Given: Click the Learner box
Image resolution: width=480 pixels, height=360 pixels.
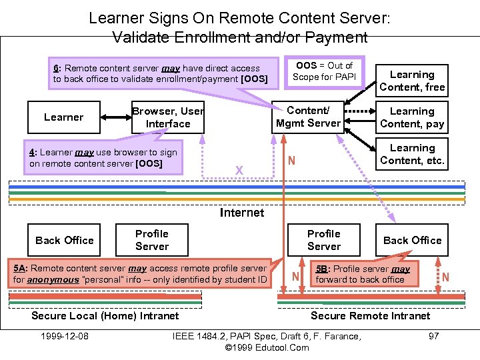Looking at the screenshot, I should click(x=64, y=117).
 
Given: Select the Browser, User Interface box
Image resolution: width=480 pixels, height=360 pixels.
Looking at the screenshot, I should click(x=168, y=118).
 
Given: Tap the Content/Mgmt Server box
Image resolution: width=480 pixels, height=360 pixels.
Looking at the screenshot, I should click(x=308, y=117).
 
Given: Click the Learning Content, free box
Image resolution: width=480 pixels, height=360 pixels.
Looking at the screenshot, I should click(x=412, y=81).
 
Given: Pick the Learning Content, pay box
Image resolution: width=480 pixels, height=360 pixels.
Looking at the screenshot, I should click(x=412, y=117).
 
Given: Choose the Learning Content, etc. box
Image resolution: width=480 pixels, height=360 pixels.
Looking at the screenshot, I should click(x=412, y=154).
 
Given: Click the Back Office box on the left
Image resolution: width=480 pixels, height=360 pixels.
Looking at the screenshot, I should click(x=65, y=240).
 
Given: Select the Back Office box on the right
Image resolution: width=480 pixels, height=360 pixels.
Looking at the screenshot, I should click(x=412, y=240).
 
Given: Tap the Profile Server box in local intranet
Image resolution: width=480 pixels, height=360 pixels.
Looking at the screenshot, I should click(x=152, y=240).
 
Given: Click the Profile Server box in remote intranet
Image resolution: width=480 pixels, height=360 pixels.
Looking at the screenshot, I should click(x=324, y=240).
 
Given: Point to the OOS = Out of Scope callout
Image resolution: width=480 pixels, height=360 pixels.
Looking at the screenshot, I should click(x=325, y=71).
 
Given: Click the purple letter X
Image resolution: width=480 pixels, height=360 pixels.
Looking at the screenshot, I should click(x=239, y=171).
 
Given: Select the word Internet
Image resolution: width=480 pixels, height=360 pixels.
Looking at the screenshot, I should click(x=241, y=213).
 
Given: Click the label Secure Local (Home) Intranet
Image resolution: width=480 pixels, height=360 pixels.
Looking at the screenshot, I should click(x=105, y=315).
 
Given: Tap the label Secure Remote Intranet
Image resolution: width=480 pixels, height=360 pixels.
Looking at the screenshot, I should click(x=371, y=315).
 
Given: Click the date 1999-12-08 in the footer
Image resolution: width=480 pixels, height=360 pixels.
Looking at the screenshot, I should click(x=65, y=336).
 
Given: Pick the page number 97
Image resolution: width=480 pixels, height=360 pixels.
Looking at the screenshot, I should click(x=433, y=336).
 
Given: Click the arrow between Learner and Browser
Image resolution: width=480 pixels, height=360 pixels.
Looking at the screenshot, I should click(x=115, y=117).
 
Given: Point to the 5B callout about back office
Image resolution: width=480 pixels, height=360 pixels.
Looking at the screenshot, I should click(x=363, y=274).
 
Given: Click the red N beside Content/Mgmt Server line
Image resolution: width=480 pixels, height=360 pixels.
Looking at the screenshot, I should click(x=291, y=161).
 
